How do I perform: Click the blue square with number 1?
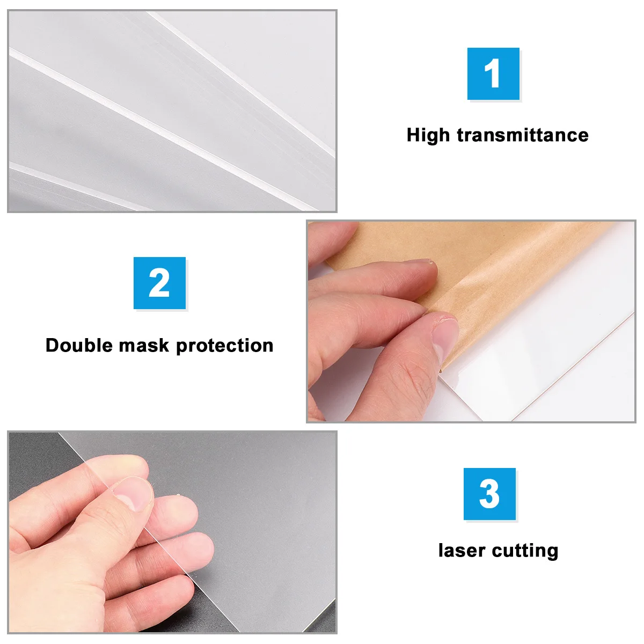point(493,74)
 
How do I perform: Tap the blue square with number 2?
point(159,283)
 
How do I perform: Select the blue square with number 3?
point(489,494)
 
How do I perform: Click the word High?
point(428,135)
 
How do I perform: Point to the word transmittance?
point(523,135)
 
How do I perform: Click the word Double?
point(79,345)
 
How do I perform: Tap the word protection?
point(225,345)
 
